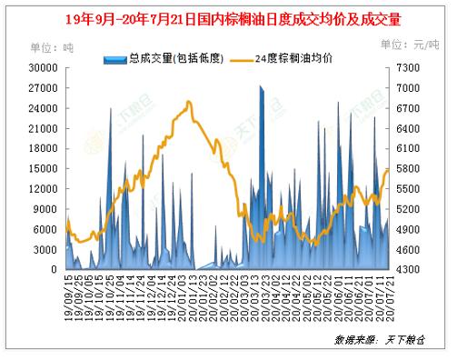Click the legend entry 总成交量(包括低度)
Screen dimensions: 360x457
pos(164,59)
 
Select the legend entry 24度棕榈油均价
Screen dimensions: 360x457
pos(294,59)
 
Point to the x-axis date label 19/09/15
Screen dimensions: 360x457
pos(67,293)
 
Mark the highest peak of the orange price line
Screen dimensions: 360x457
pos(188,102)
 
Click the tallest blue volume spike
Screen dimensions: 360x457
pos(261,87)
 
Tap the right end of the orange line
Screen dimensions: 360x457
pos(388,170)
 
